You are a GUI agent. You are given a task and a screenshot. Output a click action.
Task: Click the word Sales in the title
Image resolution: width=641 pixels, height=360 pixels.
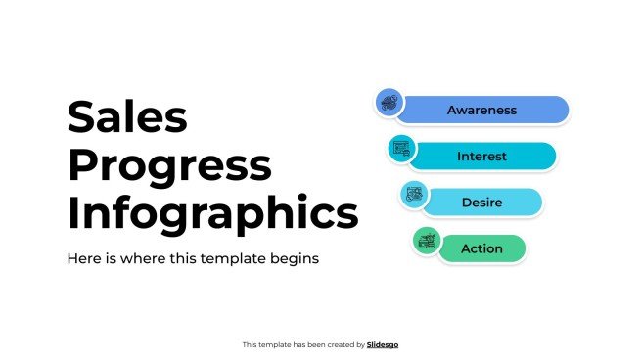click(126, 118)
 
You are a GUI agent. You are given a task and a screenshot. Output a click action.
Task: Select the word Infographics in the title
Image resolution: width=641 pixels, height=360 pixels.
click(212, 213)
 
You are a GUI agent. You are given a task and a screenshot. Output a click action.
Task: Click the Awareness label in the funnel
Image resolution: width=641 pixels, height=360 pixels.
click(481, 110)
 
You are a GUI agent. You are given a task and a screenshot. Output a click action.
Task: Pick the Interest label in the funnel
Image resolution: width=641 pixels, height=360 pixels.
click(481, 157)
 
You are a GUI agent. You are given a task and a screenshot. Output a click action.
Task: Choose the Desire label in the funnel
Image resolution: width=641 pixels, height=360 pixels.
click(481, 202)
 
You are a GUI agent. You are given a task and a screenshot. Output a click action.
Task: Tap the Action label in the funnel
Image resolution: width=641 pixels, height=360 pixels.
click(481, 248)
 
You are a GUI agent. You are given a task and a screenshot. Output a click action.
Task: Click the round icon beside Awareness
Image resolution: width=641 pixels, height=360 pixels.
click(389, 102)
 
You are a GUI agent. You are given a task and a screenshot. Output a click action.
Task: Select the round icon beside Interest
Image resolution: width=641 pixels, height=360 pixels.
click(401, 149)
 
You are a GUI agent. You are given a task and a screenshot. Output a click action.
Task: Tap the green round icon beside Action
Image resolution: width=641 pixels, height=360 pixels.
click(425, 240)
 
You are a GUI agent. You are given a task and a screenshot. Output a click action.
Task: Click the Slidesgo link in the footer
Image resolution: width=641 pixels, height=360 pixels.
click(383, 344)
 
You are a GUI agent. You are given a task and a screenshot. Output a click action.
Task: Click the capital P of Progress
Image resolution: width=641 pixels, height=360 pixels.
click(82, 166)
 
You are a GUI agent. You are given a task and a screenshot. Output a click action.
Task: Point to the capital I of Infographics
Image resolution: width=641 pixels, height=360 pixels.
click(73, 213)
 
